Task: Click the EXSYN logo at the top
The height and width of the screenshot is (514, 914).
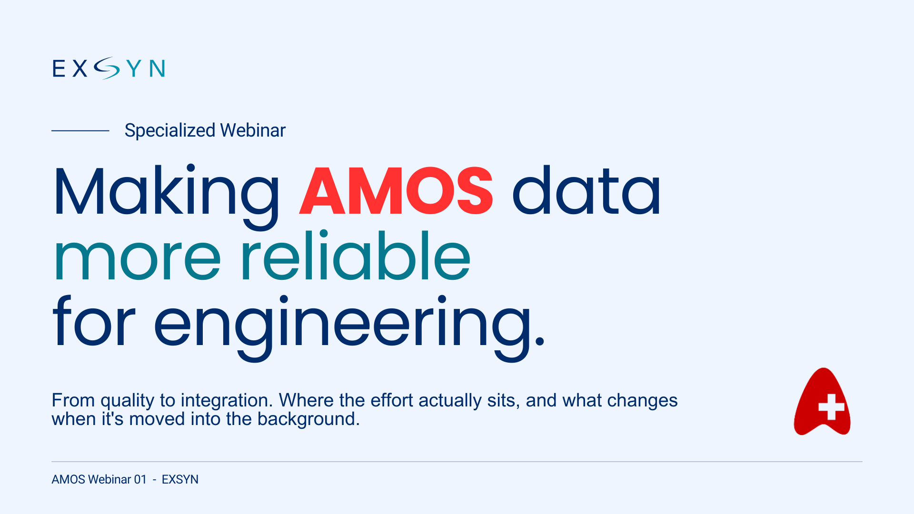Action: tap(109, 68)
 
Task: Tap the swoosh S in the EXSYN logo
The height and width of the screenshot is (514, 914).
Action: tap(107, 68)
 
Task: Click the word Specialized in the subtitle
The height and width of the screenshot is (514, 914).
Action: tap(170, 130)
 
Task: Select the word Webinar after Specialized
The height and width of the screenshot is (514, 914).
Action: tap(253, 130)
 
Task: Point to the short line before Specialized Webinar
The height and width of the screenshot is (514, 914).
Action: tap(80, 130)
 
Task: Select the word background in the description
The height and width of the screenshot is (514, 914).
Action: tap(308, 419)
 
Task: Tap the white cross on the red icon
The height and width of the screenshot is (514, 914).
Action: tap(831, 407)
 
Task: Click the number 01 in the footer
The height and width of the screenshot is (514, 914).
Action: tap(140, 479)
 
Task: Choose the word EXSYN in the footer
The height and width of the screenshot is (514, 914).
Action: tap(180, 479)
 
